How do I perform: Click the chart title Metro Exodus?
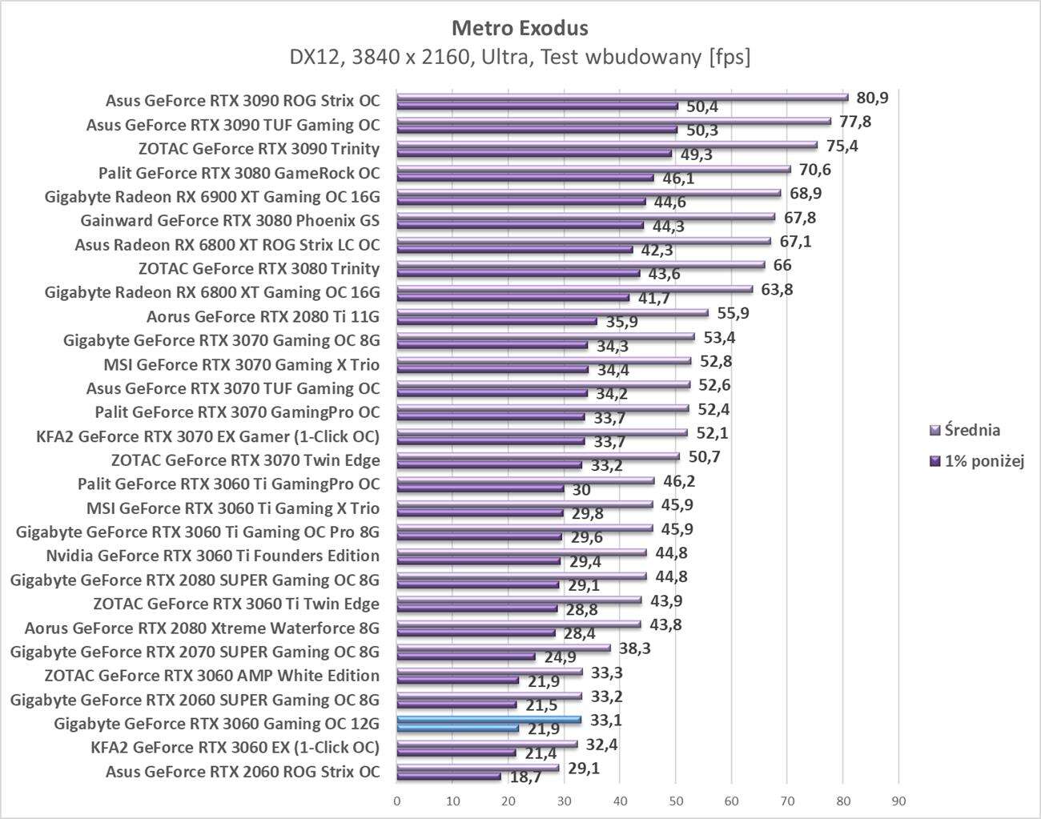tap(520, 28)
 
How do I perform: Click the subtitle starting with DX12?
tap(520, 58)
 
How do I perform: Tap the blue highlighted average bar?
tap(488, 720)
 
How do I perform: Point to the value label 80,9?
tap(872, 98)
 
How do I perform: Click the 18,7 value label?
tap(525, 777)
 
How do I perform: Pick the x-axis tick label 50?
tap(675, 801)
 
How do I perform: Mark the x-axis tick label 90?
tap(898, 801)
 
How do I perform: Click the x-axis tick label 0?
tap(397, 801)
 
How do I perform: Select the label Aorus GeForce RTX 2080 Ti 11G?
tap(263, 317)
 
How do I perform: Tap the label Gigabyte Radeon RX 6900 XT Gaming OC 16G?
tap(212, 197)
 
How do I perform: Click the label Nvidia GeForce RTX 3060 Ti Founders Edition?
tap(213, 556)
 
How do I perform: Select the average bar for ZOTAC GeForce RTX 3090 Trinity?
tap(607, 146)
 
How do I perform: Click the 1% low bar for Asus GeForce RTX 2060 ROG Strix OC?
tap(448, 776)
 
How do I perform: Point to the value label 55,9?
tap(733, 313)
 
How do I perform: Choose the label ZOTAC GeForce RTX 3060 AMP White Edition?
tap(212, 676)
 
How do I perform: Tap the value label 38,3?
tap(634, 648)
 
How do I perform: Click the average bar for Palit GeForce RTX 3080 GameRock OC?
tap(593, 169)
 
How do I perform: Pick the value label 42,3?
tap(657, 251)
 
